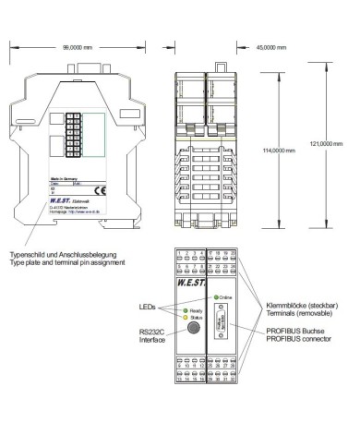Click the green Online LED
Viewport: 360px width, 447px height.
click(x=216, y=296)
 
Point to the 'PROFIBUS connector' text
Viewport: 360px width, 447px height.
click(x=282, y=339)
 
